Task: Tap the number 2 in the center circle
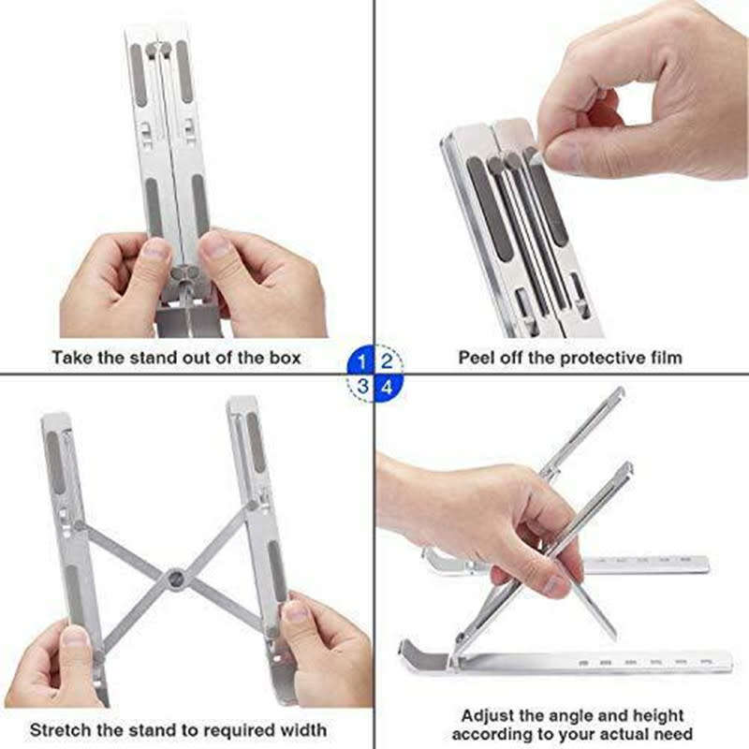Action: point(388,360)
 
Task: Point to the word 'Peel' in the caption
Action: point(477,357)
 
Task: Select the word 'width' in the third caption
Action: point(301,729)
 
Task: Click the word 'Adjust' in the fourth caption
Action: point(490,716)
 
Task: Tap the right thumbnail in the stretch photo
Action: point(296,614)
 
